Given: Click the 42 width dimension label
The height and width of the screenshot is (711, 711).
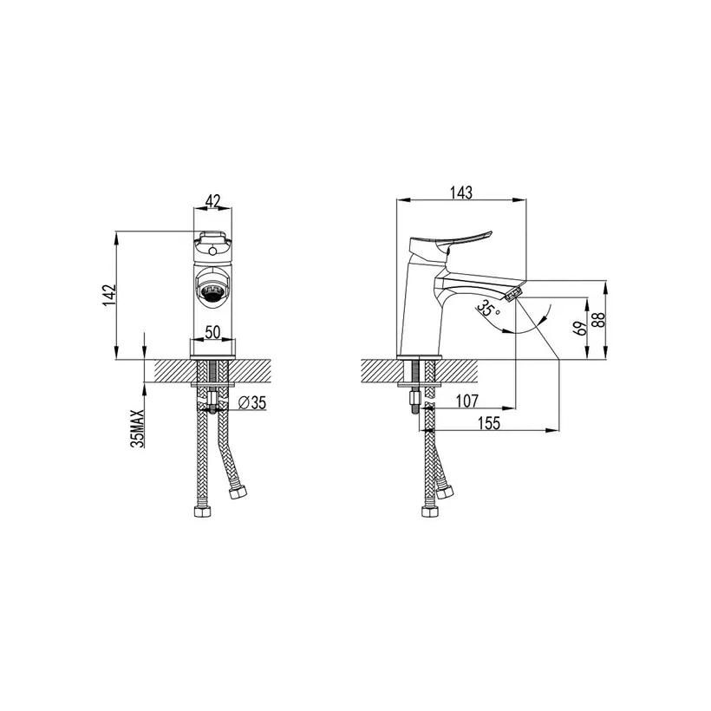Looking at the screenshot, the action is coord(212,201).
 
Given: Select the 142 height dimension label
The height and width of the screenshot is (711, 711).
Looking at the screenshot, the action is coord(110,295).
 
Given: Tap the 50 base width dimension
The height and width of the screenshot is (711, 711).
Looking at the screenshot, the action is coord(212,332).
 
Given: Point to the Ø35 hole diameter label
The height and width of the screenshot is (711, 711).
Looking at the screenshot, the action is coord(252,402).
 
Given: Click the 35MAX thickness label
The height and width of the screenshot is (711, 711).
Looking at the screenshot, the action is coord(137,428).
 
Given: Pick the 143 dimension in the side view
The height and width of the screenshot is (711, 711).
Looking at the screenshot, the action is coord(461,192).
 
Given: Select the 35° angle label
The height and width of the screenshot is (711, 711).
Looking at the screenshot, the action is coord(488,309).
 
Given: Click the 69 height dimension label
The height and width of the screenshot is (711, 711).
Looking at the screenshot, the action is coord(579,328).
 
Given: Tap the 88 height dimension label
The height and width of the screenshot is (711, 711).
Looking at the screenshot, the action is coord(598,320).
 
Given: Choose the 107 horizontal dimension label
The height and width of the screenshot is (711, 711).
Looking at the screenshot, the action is coord(467,401).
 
